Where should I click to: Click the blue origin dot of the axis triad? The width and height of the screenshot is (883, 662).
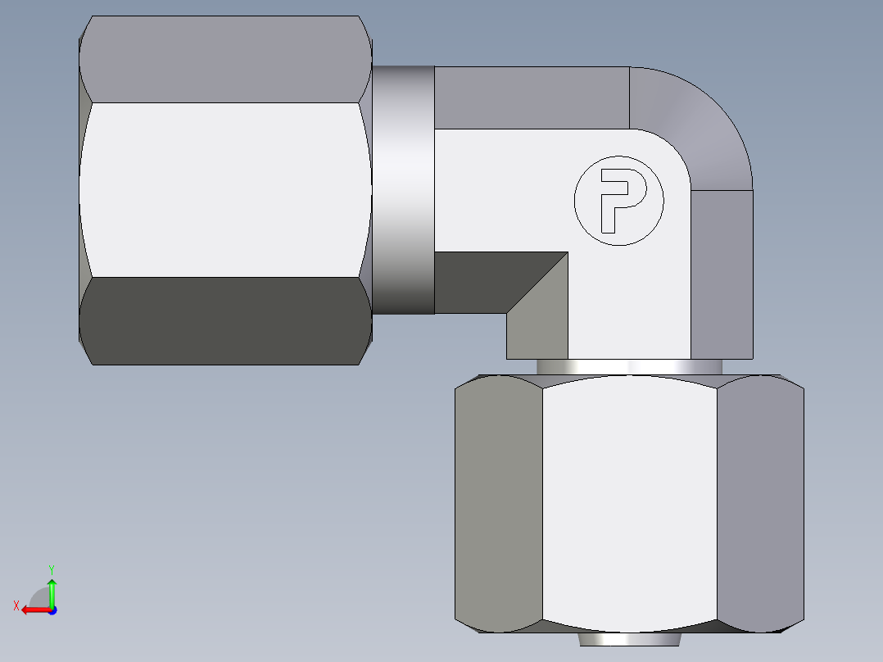pos(52,610)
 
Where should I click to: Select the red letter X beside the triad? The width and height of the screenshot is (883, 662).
pos(16,606)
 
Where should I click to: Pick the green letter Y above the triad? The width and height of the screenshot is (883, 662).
pos(51,569)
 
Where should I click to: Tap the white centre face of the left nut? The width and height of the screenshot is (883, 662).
pos(225,189)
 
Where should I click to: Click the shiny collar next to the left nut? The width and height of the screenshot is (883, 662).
pos(403,189)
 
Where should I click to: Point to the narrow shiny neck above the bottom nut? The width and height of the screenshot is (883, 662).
pos(629,366)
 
